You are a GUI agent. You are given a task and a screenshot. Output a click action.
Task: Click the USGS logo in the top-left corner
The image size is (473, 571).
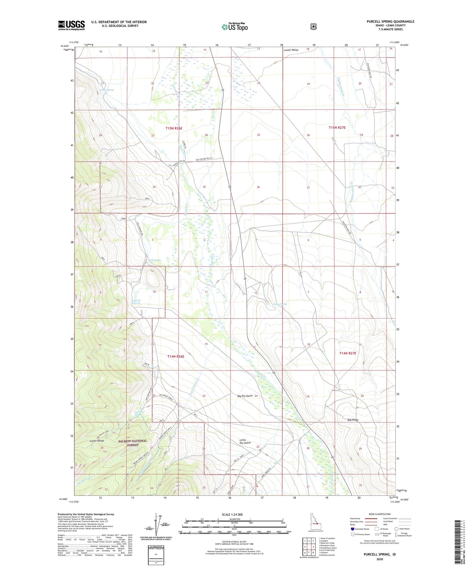[71, 25]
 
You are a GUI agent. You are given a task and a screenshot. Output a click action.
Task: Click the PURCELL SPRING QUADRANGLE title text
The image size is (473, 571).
[390, 22]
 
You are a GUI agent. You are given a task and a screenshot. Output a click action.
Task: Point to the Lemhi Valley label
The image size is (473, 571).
[291, 50]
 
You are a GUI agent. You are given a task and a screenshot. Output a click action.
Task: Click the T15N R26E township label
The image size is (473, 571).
[174, 129]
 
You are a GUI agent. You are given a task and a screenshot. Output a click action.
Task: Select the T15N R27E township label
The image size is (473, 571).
[337, 128]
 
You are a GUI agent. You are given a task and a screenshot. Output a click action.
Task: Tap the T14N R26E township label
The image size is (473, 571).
[176, 356]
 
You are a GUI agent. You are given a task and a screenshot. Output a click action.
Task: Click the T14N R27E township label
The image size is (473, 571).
[347, 353]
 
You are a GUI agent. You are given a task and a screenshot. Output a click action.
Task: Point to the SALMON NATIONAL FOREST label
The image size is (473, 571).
[133, 443]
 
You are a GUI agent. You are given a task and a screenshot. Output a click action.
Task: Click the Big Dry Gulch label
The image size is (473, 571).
[245, 396]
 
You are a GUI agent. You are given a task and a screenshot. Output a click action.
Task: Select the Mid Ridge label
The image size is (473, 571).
[353, 420]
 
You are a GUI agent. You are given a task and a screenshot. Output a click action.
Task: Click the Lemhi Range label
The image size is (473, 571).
[97, 441]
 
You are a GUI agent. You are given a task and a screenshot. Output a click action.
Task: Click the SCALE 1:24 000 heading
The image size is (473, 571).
[232, 514]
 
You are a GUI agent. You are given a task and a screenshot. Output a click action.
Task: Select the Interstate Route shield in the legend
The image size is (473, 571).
[352, 529]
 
